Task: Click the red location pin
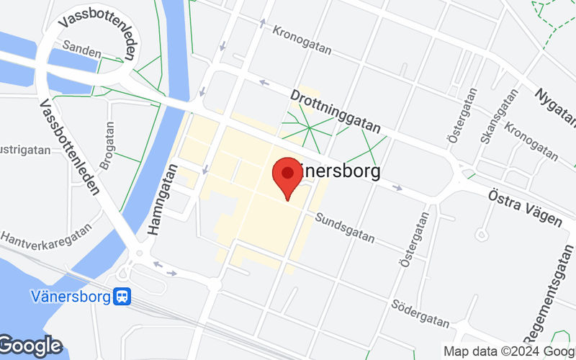(288, 177)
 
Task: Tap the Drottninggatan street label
(335, 110)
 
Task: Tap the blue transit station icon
(123, 296)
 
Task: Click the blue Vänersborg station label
(70, 296)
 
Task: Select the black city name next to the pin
(338, 171)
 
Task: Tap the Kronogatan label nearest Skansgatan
(531, 141)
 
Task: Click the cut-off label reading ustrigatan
(25, 150)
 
